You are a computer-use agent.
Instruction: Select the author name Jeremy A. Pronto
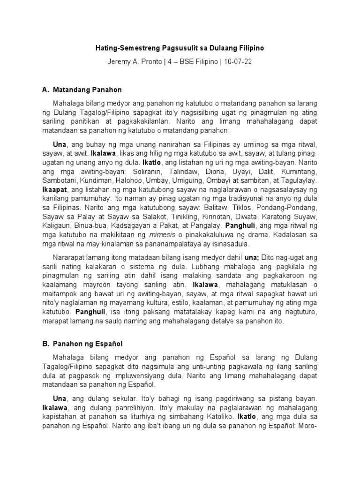pyautogui.click(x=134, y=63)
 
